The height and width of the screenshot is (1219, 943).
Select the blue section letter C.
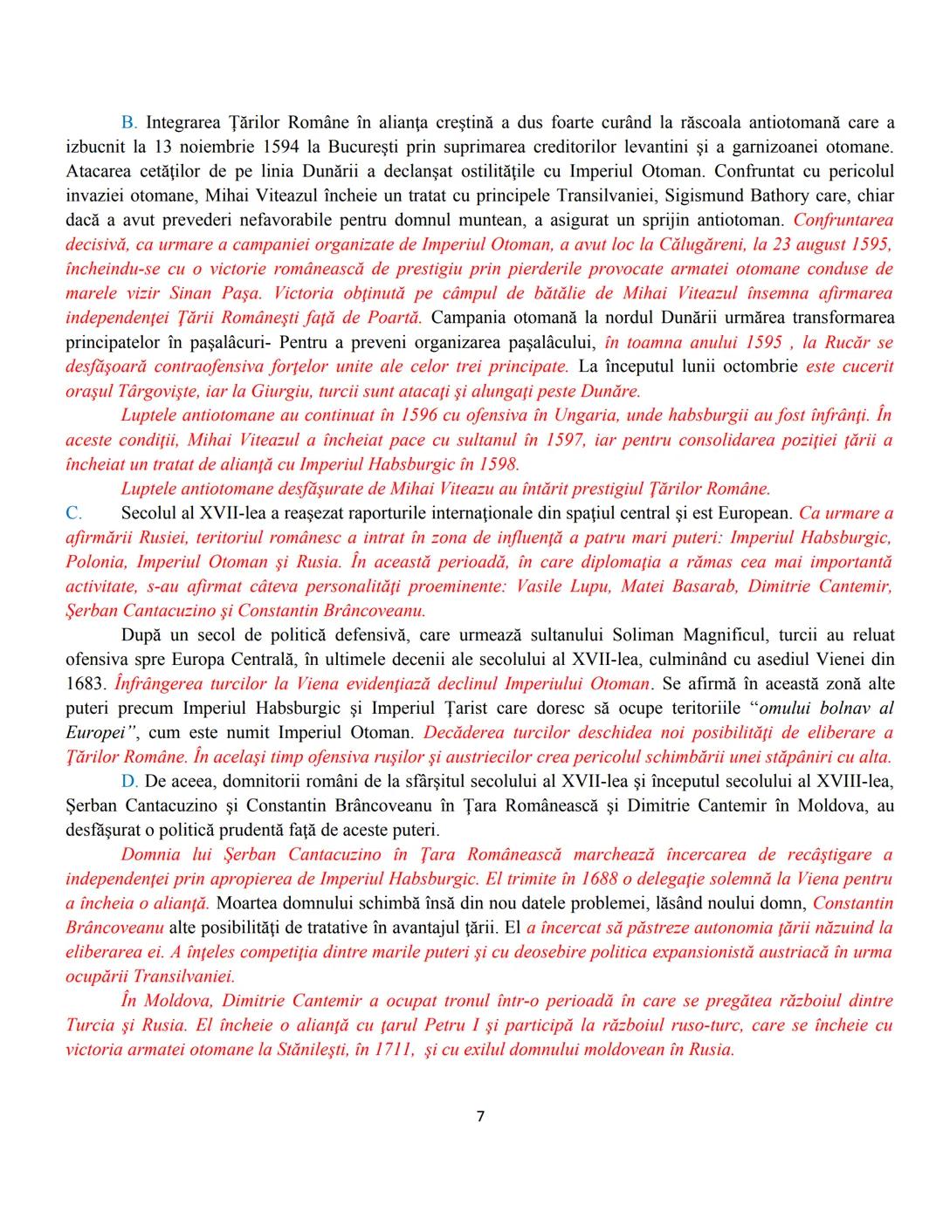click(x=73, y=513)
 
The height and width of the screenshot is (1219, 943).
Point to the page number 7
click(x=479, y=1117)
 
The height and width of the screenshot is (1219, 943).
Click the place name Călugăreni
click(x=740, y=244)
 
